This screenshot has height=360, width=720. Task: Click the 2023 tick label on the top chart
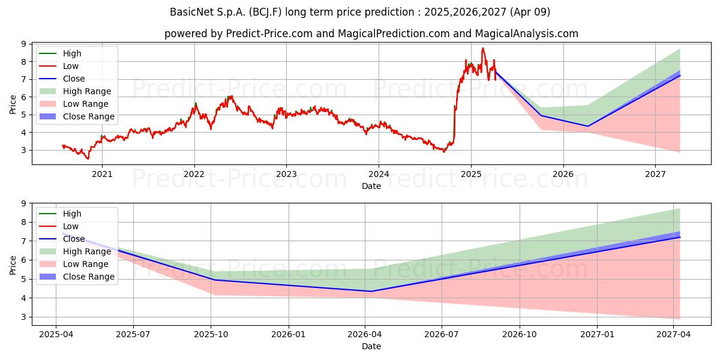pyautogui.click(x=286, y=174)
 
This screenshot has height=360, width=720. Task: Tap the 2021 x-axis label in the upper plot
pyautogui.click(x=102, y=174)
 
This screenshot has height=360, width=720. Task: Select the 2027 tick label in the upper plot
pyautogui.click(x=655, y=174)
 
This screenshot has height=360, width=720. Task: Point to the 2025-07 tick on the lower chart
pyautogui.click(x=133, y=335)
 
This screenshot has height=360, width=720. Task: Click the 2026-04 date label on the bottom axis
pyautogui.click(x=365, y=335)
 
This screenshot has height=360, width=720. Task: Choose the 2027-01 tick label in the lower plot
pyautogui.click(x=597, y=335)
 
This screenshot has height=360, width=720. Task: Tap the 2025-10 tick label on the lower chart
pyautogui.click(x=211, y=335)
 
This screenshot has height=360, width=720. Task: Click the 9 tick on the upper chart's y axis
pyautogui.click(x=24, y=44)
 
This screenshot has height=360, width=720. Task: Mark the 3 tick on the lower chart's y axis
pyautogui.click(x=24, y=317)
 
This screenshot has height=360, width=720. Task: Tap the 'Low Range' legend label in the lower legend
pyautogui.click(x=85, y=264)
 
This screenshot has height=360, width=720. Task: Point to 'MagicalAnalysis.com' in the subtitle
pyautogui.click(x=527, y=34)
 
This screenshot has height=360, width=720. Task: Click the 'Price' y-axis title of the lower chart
pyautogui.click(x=13, y=265)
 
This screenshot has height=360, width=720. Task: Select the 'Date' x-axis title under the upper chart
pyautogui.click(x=371, y=186)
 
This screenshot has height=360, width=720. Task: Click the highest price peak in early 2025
pyautogui.click(x=483, y=48)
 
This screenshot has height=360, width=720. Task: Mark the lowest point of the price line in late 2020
pyautogui.click(x=88, y=159)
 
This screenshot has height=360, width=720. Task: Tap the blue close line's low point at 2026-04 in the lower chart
pyautogui.click(x=371, y=291)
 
